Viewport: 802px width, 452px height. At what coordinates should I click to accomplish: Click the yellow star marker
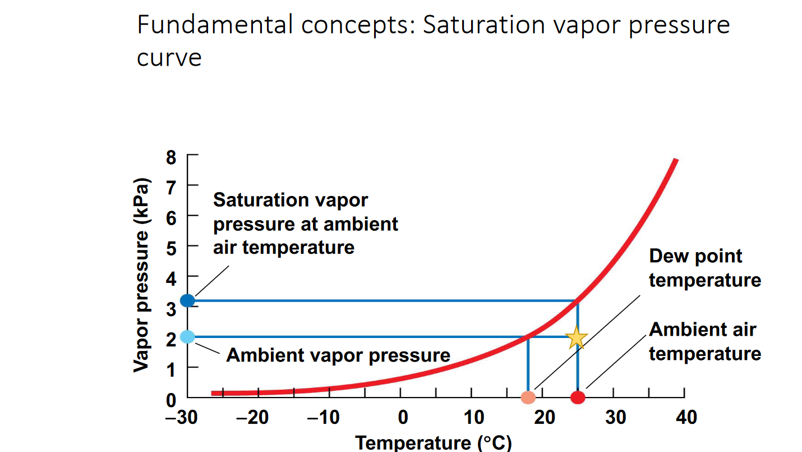pos(577,337)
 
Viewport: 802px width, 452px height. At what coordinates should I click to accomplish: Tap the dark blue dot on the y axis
pos(187,300)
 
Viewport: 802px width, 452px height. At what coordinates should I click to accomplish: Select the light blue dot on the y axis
pos(187,337)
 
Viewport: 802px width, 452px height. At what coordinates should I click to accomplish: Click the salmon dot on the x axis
pos(528,398)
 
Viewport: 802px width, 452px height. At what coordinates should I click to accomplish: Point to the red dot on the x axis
pos(578,398)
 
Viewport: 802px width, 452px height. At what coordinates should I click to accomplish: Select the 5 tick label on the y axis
pos(171,247)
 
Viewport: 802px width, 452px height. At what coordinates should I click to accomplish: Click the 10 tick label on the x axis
pos(474,418)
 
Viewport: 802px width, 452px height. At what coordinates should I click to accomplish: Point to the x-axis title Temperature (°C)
pos(433,442)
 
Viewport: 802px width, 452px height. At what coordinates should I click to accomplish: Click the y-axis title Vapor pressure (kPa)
pos(142,275)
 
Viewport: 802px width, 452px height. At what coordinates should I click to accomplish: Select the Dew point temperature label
pos(705,268)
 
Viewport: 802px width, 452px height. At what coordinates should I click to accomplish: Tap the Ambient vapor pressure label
pos(338,355)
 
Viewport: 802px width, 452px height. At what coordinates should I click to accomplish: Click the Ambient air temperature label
pos(705,341)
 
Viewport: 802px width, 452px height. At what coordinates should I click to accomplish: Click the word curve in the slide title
pos(169,57)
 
